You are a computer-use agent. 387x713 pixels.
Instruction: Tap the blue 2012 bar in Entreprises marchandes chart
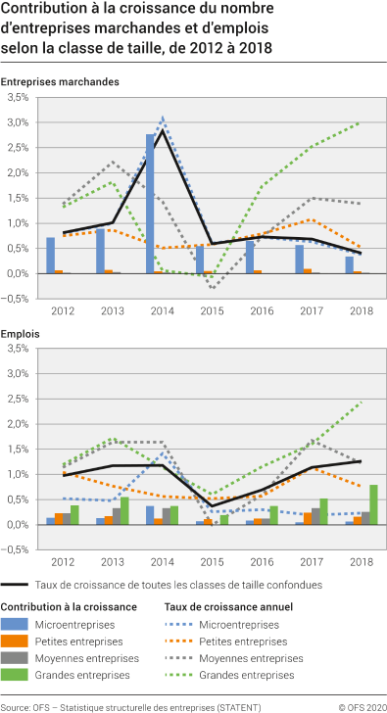tap(50, 256)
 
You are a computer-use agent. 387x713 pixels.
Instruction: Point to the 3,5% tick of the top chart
tap(15, 99)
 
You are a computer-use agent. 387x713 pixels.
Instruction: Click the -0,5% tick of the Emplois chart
tap(15, 550)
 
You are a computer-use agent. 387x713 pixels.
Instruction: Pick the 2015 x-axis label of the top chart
tap(213, 311)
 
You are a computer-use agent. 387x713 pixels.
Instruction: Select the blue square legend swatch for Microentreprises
tap(16, 624)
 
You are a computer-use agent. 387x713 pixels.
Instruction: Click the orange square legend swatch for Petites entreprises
tap(16, 642)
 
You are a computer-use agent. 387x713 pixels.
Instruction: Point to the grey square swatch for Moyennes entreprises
tap(16, 658)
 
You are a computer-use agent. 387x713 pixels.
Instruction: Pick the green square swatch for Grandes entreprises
tap(16, 675)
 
